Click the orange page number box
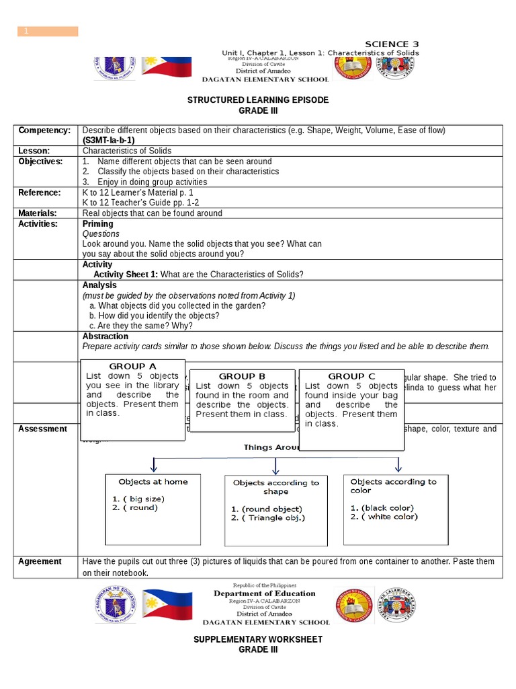(x=48, y=31)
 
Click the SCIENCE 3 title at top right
(x=392, y=44)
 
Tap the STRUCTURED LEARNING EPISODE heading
(x=258, y=100)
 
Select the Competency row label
(x=44, y=130)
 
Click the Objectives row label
(x=40, y=161)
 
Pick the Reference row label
(x=39, y=192)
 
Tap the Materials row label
(x=39, y=213)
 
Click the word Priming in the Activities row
(x=97, y=224)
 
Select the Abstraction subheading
(x=105, y=336)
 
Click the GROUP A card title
(x=132, y=366)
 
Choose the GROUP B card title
(x=242, y=376)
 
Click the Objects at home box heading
(x=153, y=482)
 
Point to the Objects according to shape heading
(x=275, y=487)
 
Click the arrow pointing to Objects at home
(x=154, y=465)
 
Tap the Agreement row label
(x=40, y=561)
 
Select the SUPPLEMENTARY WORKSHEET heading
(x=258, y=639)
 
